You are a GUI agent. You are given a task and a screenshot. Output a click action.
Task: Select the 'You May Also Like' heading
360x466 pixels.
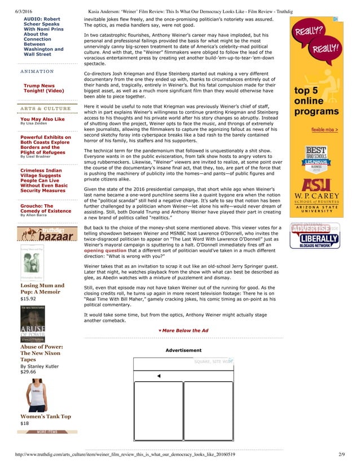pos(42,119)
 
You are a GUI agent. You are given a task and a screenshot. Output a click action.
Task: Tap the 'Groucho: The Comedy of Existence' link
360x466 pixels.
pos(46,208)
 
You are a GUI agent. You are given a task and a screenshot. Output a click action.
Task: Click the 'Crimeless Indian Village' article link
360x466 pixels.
pos(43,180)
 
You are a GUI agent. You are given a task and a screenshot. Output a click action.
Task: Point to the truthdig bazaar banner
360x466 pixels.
pos(48,234)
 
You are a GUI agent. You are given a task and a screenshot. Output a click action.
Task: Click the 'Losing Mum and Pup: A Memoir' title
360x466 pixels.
pos(42,289)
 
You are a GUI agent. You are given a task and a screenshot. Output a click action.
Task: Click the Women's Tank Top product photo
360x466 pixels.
pos(38,394)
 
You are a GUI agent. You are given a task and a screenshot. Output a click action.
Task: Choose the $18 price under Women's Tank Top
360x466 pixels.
pos(24,423)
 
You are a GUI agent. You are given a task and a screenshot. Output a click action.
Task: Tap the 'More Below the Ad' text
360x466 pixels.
pos(183,330)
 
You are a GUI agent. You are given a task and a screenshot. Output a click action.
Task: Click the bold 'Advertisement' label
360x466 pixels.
pos(183,350)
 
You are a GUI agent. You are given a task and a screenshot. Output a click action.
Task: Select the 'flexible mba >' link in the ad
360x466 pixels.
pos(324,130)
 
